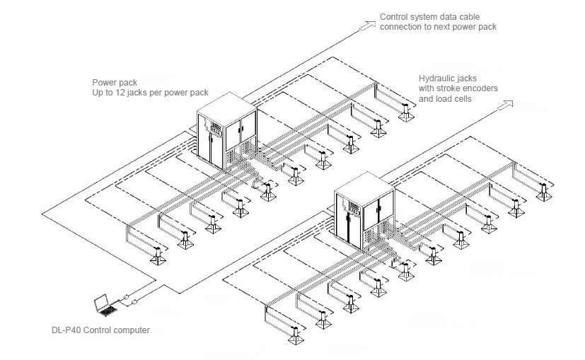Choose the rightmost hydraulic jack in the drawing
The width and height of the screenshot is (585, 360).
point(544,192)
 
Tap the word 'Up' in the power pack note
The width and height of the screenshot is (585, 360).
point(98,93)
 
